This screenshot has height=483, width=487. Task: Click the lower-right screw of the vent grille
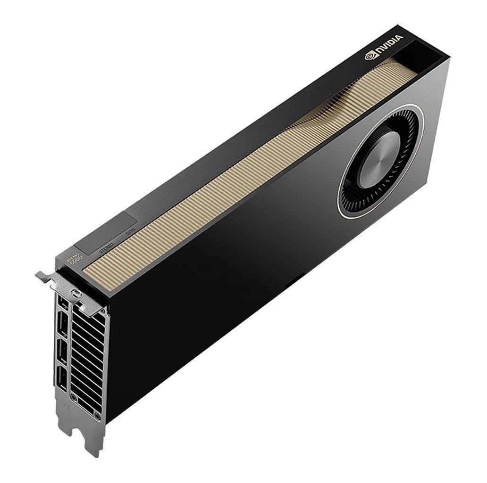[97, 415]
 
